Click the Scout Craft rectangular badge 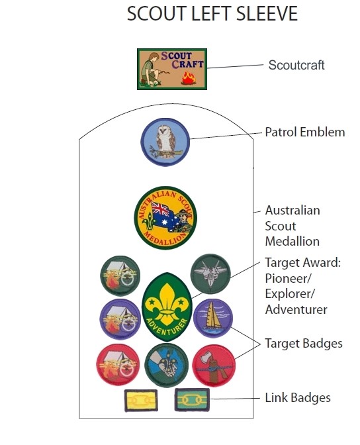coord(172,69)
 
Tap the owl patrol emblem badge coord(165,142)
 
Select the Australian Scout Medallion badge coord(165,218)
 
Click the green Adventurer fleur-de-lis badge coord(167,307)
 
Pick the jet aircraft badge coord(210,274)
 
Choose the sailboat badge coord(213,318)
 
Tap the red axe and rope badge coord(214,366)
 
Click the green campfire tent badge coord(120,276)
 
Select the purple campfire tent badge coord(120,319)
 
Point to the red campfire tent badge coord(118,365)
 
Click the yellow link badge coord(141,401)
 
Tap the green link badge coord(192,400)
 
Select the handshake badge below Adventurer coord(167,366)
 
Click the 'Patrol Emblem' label coord(305,132)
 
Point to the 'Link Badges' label coord(298,397)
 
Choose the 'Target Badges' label coord(304,344)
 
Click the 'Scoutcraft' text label coord(296,65)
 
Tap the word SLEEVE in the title coord(267,14)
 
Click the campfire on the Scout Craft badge coord(189,79)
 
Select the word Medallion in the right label coord(292,241)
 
